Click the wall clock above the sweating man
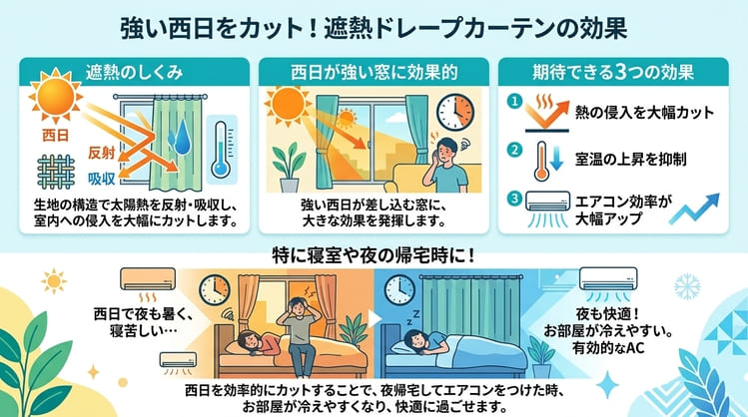coord(455,112)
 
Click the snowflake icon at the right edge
coord(686,286)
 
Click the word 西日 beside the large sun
coord(55,132)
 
